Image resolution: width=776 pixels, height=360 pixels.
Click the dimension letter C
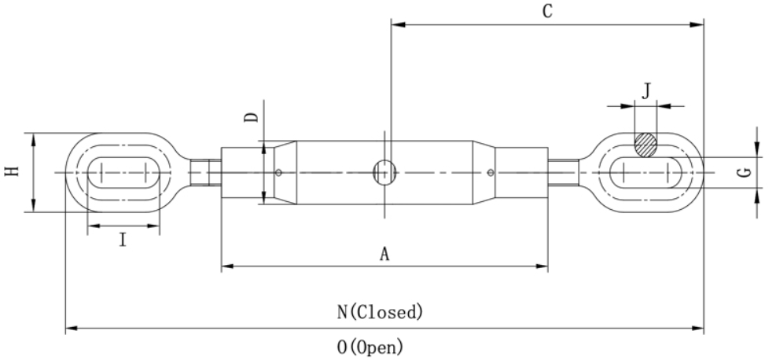coord(547,11)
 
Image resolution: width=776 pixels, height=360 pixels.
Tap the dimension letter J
coord(646,91)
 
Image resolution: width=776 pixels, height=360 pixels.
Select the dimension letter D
coord(252,118)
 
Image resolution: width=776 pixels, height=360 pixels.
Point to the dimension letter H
coord(12,171)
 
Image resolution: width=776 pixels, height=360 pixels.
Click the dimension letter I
coord(123,241)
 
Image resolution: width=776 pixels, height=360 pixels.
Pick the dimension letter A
coord(384,254)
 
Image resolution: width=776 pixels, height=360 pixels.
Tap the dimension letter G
coord(745,173)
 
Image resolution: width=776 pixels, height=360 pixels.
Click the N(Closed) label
coord(380,312)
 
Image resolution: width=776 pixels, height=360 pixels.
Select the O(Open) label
coord(370,347)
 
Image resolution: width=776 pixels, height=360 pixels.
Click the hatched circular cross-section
coord(645,145)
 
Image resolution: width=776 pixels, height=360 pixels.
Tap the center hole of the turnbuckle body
coord(384,172)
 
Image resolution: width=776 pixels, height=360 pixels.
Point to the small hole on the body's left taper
coord(278,173)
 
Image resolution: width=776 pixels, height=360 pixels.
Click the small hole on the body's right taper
coord(491,173)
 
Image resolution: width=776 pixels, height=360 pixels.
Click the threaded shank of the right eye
coord(563,173)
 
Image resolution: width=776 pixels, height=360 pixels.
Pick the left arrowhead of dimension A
coord(228,266)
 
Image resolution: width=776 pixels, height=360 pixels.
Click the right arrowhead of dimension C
coord(697,24)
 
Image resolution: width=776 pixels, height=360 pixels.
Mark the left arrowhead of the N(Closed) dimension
coord(72,328)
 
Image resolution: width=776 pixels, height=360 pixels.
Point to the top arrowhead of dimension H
coord(34,139)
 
